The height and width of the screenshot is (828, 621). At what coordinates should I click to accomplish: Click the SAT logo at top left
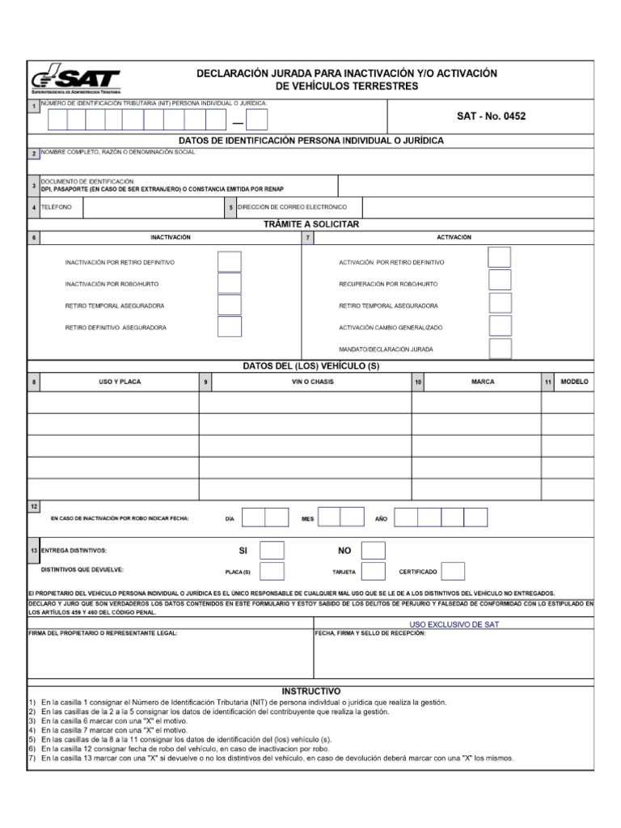coord(75,80)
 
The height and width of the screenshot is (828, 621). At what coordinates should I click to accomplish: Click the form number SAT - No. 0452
coord(491,116)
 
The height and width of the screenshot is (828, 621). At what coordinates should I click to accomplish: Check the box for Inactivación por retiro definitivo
coord(230,262)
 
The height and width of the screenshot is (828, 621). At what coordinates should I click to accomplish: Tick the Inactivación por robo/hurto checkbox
coord(230,284)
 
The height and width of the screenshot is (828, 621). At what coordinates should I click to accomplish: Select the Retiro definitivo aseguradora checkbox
coord(230,327)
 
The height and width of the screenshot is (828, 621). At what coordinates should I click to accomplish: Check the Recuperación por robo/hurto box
coord(500,280)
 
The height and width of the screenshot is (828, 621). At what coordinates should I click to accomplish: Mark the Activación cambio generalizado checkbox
coord(500,326)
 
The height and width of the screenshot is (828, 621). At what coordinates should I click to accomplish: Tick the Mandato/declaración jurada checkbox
coord(500,349)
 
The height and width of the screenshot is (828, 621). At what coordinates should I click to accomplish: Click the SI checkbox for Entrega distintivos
coord(272,551)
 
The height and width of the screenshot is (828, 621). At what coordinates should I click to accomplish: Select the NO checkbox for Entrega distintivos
coord(373,551)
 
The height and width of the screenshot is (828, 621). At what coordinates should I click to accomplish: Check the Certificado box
coord(453,572)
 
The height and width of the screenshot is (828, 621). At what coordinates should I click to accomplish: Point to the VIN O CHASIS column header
coord(312,382)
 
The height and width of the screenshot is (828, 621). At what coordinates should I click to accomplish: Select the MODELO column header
coord(574,382)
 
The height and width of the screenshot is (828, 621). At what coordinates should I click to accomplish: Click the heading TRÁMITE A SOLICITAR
coord(310,224)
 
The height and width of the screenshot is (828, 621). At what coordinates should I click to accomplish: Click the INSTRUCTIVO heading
coord(310,691)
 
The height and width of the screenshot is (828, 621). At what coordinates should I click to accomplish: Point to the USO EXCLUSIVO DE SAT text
coord(454,625)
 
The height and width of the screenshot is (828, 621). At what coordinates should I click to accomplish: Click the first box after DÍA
coord(253,517)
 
